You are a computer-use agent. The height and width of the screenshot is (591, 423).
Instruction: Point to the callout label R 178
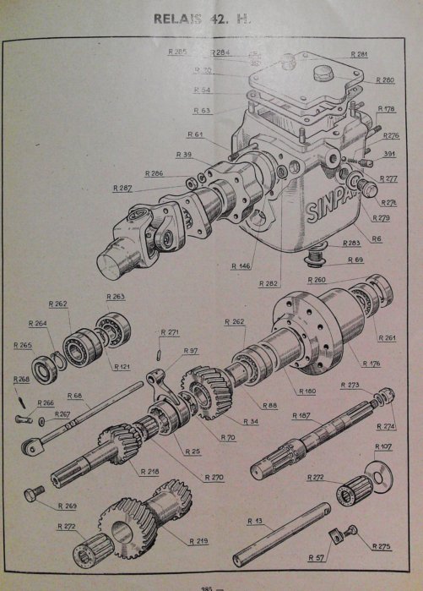(x=387, y=108)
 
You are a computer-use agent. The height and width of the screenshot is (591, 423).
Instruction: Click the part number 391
(x=389, y=154)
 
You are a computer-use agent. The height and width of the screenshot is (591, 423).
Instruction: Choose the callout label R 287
(x=122, y=188)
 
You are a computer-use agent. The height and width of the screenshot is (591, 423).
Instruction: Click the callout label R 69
(x=355, y=260)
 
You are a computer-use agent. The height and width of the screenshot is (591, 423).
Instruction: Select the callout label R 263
(x=116, y=297)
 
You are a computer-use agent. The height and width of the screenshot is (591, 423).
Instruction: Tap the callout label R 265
(x=23, y=345)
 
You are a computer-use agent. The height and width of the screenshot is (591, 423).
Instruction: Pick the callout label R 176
(x=371, y=364)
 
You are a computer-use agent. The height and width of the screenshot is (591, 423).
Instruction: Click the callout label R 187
(x=301, y=416)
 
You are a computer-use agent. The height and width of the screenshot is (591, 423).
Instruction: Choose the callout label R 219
(x=199, y=539)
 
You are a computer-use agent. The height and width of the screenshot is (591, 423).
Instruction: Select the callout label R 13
(x=256, y=521)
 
